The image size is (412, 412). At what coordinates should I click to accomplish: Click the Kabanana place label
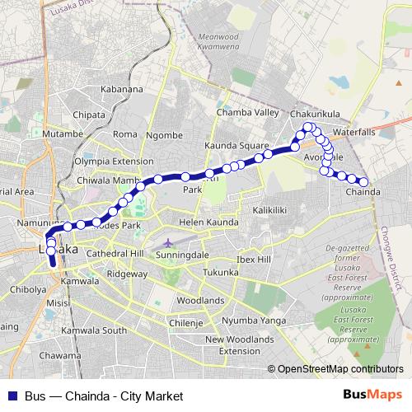(122, 89)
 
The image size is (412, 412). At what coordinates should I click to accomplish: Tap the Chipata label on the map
(90, 115)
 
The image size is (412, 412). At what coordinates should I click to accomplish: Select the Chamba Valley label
(248, 113)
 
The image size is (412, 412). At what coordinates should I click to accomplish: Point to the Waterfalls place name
(355, 131)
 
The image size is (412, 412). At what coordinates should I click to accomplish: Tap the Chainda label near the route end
(363, 192)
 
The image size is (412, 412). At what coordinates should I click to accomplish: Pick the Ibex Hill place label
(253, 260)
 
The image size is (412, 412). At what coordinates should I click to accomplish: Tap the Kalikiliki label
(269, 210)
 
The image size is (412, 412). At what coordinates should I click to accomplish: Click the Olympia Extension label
(114, 162)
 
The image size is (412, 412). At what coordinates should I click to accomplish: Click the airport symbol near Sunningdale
(168, 244)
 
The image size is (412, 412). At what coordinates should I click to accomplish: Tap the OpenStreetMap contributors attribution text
(340, 369)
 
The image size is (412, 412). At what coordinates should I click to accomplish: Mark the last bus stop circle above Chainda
(363, 181)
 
